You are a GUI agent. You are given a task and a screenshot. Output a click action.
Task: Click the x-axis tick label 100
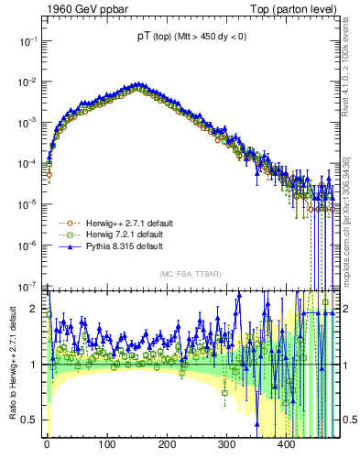coord(107,443)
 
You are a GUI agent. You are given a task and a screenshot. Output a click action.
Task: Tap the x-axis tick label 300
coord(226,443)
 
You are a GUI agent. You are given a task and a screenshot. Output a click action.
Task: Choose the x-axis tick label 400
coord(287,443)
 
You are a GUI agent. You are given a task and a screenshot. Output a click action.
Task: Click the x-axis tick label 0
coord(47,443)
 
